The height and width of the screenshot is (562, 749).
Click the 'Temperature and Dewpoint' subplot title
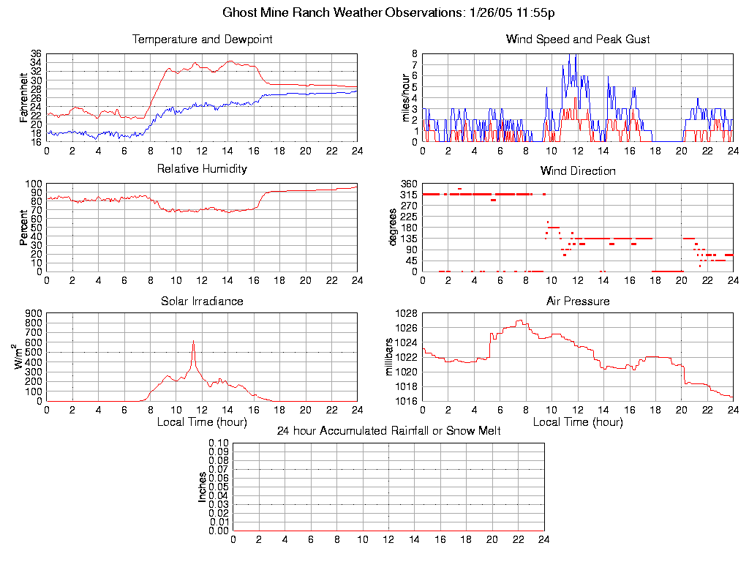click(x=202, y=39)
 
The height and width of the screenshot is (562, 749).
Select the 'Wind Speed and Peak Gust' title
click(x=578, y=39)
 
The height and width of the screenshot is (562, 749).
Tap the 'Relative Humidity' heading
click(x=202, y=169)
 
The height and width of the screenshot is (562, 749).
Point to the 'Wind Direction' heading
click(x=578, y=171)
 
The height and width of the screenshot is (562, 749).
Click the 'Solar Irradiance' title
click(x=202, y=301)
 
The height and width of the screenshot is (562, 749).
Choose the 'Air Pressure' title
click(x=578, y=301)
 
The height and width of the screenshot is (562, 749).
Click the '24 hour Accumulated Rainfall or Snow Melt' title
click(x=388, y=431)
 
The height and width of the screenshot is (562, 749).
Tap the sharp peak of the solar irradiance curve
click(x=193, y=341)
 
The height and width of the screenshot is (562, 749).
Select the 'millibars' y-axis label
click(x=390, y=357)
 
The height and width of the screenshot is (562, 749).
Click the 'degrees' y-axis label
click(x=393, y=228)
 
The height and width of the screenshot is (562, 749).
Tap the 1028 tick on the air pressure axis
click(x=407, y=313)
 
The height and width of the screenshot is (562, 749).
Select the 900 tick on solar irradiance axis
click(x=34, y=313)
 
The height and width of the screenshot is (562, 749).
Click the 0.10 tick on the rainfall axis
click(x=219, y=443)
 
